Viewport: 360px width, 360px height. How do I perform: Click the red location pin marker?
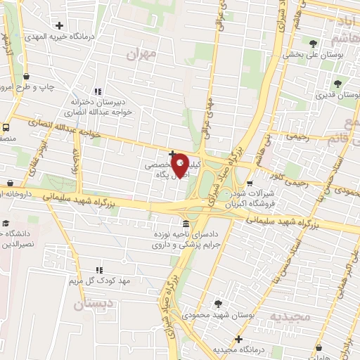click(181, 165)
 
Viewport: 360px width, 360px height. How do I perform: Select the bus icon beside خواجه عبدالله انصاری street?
click(6, 128)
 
